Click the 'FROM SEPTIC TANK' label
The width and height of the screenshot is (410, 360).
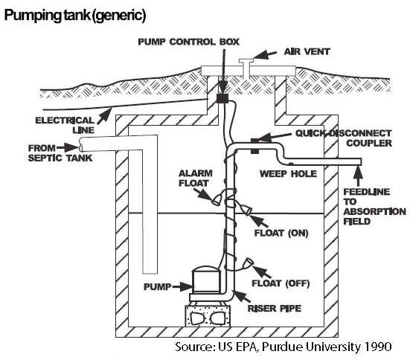tap(52, 152)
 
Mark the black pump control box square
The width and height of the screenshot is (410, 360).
tap(221, 97)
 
